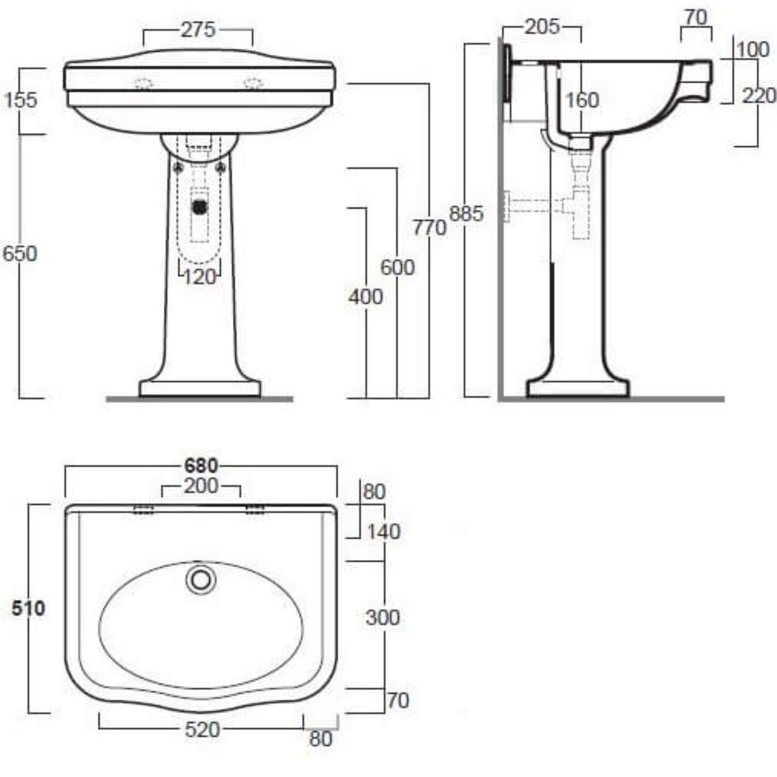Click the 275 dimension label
click(x=198, y=30)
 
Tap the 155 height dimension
click(x=20, y=100)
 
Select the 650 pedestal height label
click(x=20, y=254)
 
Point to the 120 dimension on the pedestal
click(x=200, y=277)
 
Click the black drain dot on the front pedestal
click(x=200, y=207)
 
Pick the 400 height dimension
click(x=365, y=297)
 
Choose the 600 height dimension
click(x=397, y=268)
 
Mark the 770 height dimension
click(x=429, y=228)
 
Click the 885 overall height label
click(x=466, y=214)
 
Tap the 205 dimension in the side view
click(x=542, y=27)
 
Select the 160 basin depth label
click(x=582, y=100)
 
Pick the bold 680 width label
click(x=201, y=466)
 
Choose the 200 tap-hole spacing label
click(x=201, y=486)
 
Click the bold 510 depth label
click(x=28, y=609)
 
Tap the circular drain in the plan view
click(x=201, y=580)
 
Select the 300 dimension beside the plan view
click(x=382, y=618)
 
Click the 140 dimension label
click(x=384, y=532)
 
